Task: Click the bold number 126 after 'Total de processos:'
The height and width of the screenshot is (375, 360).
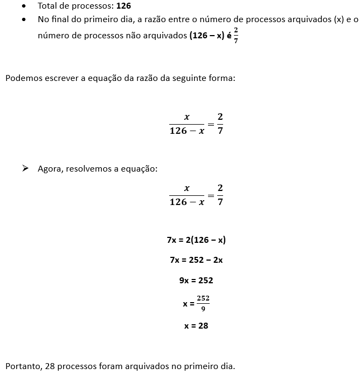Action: pos(123,6)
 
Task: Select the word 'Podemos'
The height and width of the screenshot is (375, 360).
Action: pos(22,78)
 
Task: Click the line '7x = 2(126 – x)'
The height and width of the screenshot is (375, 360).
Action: pos(196,240)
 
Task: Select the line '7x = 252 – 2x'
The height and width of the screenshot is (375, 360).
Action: pos(196,260)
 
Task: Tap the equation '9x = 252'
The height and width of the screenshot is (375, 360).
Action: pos(196,280)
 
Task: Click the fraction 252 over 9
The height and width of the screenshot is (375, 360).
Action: pos(203,303)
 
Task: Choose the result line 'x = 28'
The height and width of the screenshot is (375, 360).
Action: pos(196,326)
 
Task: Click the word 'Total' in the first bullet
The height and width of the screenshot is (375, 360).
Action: pos(48,6)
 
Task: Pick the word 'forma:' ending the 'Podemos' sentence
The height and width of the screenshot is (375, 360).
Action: pos(222,78)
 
